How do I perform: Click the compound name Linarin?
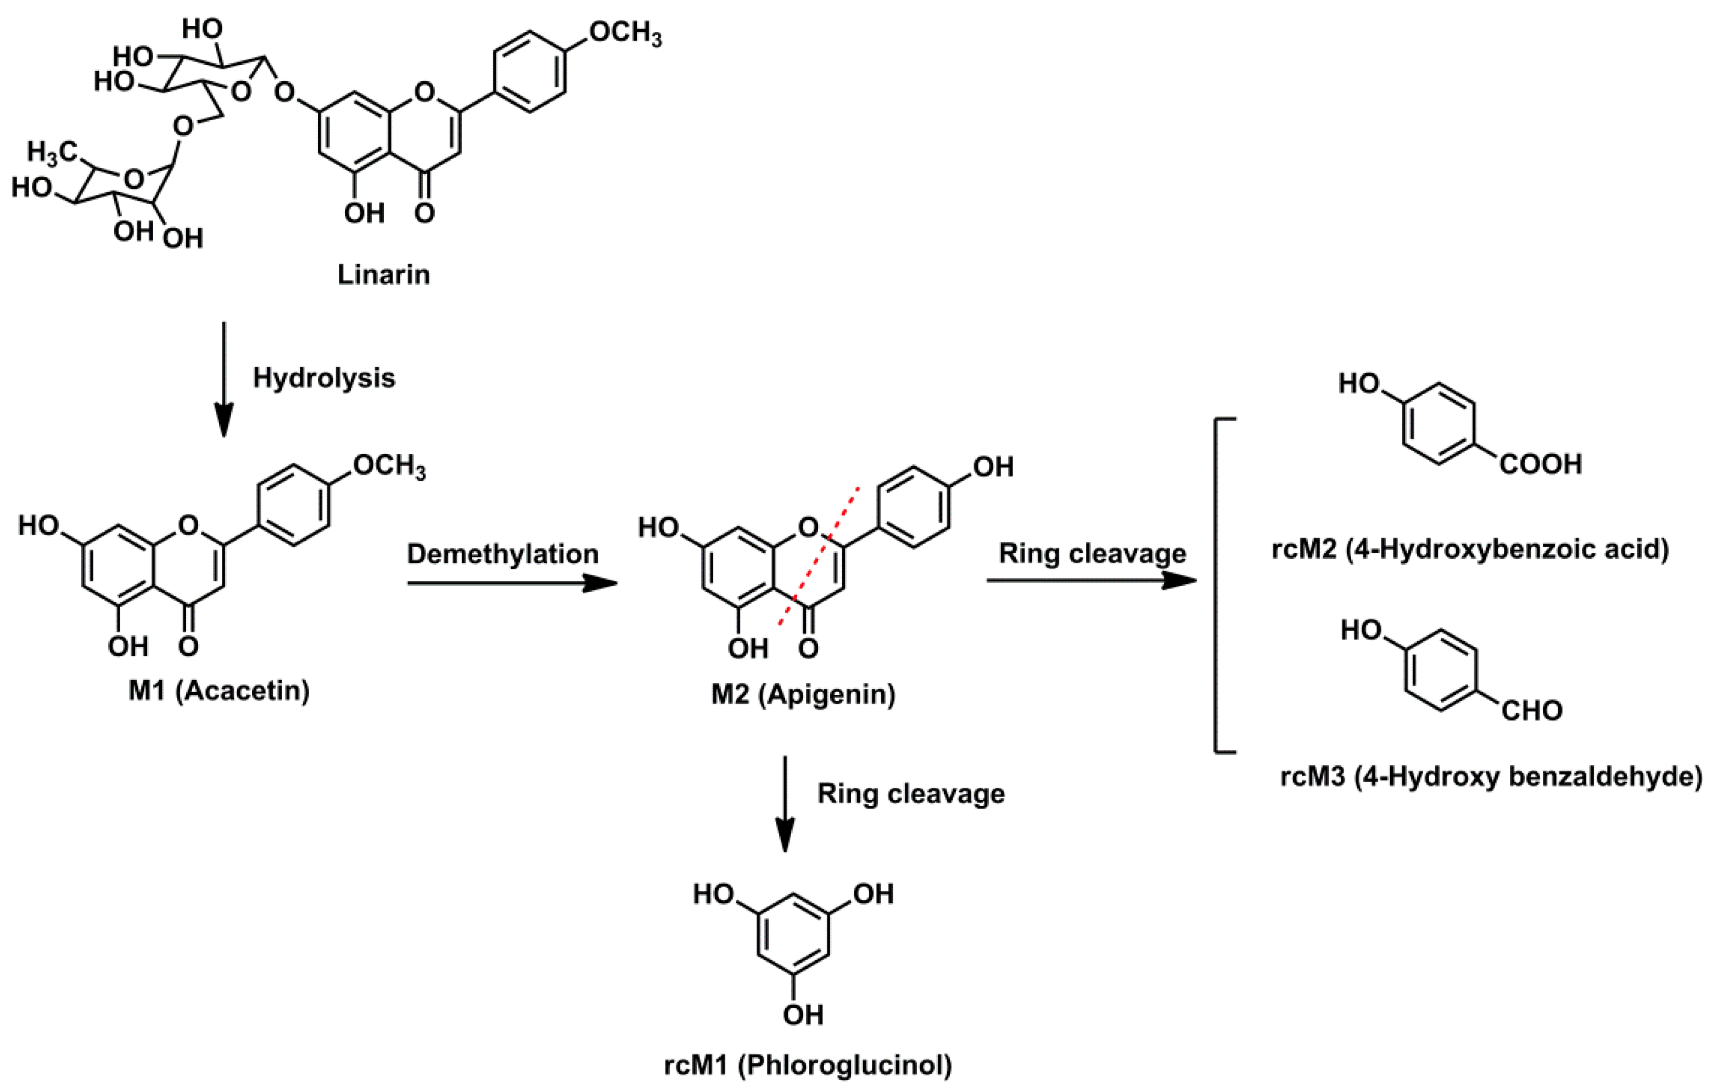click(x=383, y=274)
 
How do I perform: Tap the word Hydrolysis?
click(x=324, y=378)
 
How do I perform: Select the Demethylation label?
click(x=502, y=554)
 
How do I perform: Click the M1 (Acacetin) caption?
click(x=219, y=691)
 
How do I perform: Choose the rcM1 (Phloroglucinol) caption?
click(x=808, y=1065)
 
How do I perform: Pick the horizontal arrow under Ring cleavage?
click(x=1091, y=581)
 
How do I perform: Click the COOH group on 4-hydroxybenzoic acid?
click(x=1540, y=464)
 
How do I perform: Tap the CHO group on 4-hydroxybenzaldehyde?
click(x=1532, y=710)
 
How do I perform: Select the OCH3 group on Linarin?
click(x=625, y=33)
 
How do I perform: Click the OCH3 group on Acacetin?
click(x=389, y=467)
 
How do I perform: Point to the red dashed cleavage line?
click(x=818, y=557)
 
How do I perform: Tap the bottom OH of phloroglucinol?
click(x=803, y=1014)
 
